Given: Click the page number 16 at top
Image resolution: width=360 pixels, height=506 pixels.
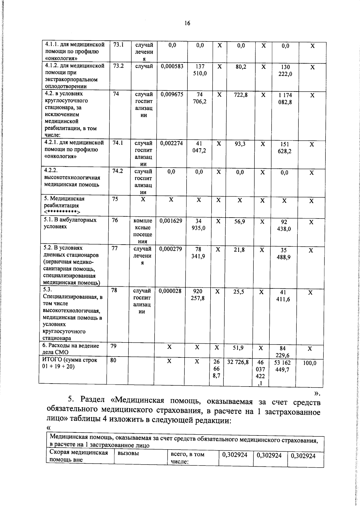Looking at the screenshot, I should click(x=187, y=23).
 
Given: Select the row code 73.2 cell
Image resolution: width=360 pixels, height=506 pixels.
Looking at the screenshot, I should click(x=118, y=66).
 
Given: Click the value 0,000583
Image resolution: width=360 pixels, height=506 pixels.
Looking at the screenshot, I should click(x=172, y=66).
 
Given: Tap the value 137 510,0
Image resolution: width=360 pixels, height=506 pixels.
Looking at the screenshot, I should click(x=199, y=70).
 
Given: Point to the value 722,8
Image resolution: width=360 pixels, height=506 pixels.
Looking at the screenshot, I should click(x=241, y=95).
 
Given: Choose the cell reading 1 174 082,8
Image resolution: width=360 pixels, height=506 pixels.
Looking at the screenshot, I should click(x=285, y=98).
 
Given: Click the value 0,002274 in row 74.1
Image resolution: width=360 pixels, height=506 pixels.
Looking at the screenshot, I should click(x=171, y=143).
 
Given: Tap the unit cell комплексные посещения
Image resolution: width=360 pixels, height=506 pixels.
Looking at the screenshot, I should click(x=143, y=231).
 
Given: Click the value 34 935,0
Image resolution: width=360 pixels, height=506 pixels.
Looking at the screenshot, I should click(x=198, y=224).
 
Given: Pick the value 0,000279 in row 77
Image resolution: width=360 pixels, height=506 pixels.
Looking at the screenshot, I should click(x=171, y=249).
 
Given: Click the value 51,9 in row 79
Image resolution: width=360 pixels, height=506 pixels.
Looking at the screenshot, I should click(x=238, y=348).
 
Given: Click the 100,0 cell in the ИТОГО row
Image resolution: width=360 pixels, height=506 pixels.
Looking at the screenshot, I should click(x=309, y=363).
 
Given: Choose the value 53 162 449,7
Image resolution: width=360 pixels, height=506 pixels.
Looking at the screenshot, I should click(x=282, y=366).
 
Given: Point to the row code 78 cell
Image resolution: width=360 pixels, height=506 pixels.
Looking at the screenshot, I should click(x=114, y=291).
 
